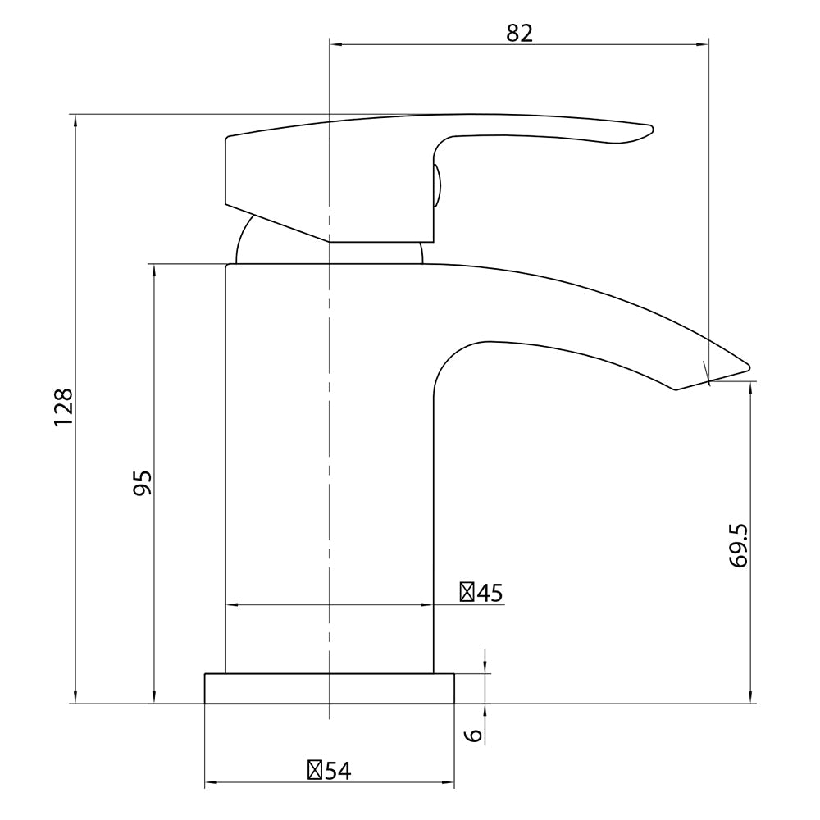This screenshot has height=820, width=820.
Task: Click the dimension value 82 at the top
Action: pos(520,33)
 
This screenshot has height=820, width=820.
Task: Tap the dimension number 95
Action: pos(142,483)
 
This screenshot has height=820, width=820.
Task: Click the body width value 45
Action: pos(490,592)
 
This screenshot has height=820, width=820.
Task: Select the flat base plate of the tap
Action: pos(329,689)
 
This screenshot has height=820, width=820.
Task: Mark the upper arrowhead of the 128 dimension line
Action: pos(75,121)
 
